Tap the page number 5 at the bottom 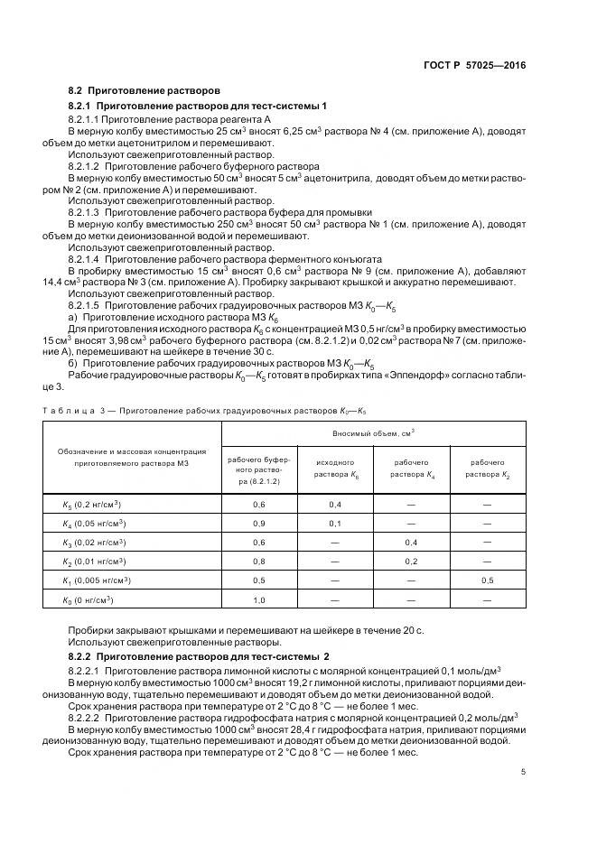(x=523, y=771)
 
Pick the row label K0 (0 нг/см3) (x=89, y=600)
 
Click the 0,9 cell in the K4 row (x=260, y=524)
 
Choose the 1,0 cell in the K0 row (x=260, y=600)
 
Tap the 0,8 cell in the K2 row (x=260, y=562)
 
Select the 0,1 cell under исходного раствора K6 (x=335, y=524)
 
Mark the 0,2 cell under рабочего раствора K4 (x=411, y=562)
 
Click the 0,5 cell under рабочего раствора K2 (x=487, y=580)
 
